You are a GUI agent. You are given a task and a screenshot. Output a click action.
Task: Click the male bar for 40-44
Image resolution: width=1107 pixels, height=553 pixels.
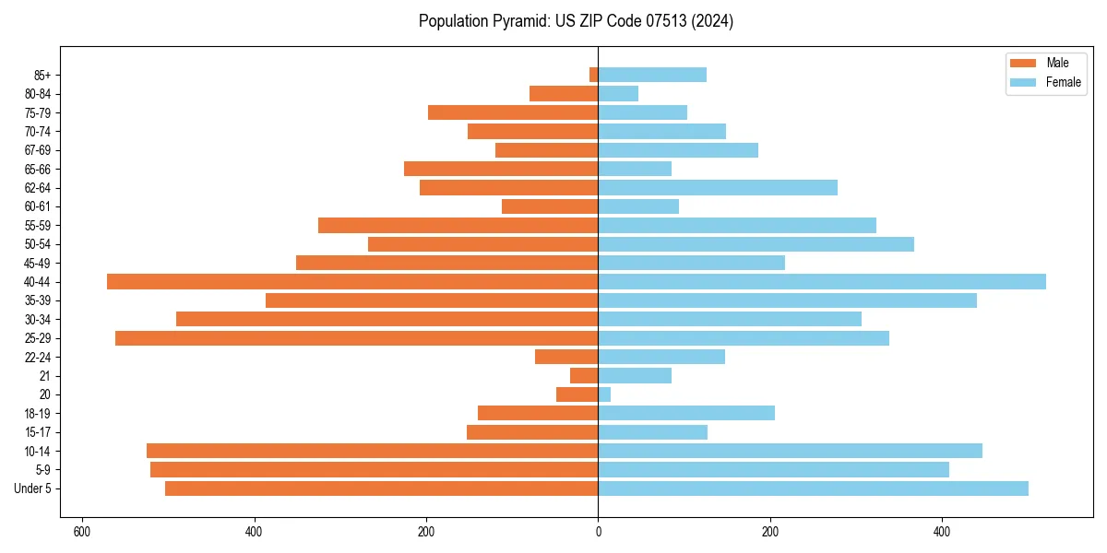tap(352, 281)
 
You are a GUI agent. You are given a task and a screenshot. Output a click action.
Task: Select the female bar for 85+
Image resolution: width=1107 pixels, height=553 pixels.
tap(652, 75)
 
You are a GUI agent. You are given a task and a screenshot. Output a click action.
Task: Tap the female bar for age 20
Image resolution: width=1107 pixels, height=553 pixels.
tap(604, 394)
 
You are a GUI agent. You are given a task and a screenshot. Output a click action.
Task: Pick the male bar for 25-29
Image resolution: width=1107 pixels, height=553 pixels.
tap(356, 338)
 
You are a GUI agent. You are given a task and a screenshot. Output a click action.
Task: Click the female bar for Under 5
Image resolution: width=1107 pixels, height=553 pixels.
tap(813, 488)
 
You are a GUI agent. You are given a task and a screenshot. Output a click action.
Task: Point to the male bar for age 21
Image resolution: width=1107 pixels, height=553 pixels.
tap(584, 376)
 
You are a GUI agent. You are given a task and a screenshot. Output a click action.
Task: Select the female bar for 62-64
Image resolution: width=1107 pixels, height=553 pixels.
tap(718, 188)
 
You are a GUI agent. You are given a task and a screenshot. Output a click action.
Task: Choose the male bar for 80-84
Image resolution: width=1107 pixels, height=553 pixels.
tap(564, 93)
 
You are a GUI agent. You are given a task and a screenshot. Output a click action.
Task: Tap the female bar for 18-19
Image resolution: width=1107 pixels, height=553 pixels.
tap(686, 413)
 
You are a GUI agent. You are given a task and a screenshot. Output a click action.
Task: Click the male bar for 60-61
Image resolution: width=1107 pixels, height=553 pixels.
tap(550, 206)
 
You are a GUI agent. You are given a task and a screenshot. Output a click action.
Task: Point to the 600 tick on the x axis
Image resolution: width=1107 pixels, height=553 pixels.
tap(82, 532)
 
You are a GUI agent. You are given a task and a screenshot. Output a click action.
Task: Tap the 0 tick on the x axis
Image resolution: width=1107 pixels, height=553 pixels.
tap(598, 532)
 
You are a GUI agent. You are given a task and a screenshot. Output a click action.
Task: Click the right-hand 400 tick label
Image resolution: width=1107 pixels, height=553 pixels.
tap(942, 532)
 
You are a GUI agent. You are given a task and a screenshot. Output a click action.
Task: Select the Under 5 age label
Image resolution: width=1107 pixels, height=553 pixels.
tap(34, 488)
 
